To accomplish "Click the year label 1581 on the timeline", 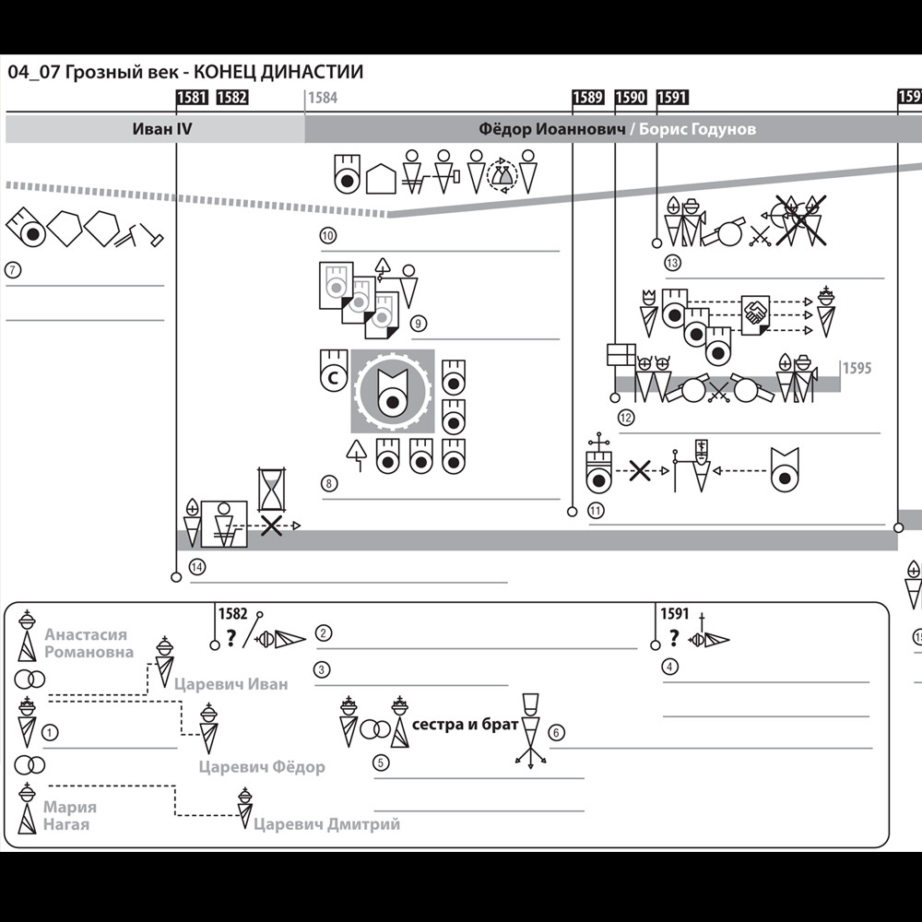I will click(191, 98).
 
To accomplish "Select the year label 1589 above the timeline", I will click(587, 98).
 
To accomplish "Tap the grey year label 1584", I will click(323, 98).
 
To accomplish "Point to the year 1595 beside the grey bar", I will click(857, 368).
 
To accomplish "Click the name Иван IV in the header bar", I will click(162, 129).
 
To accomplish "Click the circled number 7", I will click(13, 271).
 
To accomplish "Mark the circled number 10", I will click(328, 236).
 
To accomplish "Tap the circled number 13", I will click(672, 264).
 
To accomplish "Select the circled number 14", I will click(196, 566).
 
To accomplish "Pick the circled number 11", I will click(597, 511).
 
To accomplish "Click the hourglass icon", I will click(271, 490).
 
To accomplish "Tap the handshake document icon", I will click(755, 313).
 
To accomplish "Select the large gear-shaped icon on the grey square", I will click(392, 392).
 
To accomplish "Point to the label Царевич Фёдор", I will click(262, 767).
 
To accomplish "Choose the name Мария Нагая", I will click(69, 816).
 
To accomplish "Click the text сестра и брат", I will click(465, 725).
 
